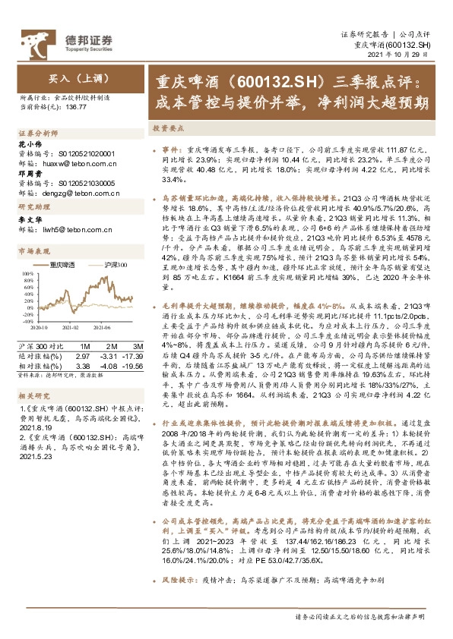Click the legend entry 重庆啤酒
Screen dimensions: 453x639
tap(64, 264)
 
